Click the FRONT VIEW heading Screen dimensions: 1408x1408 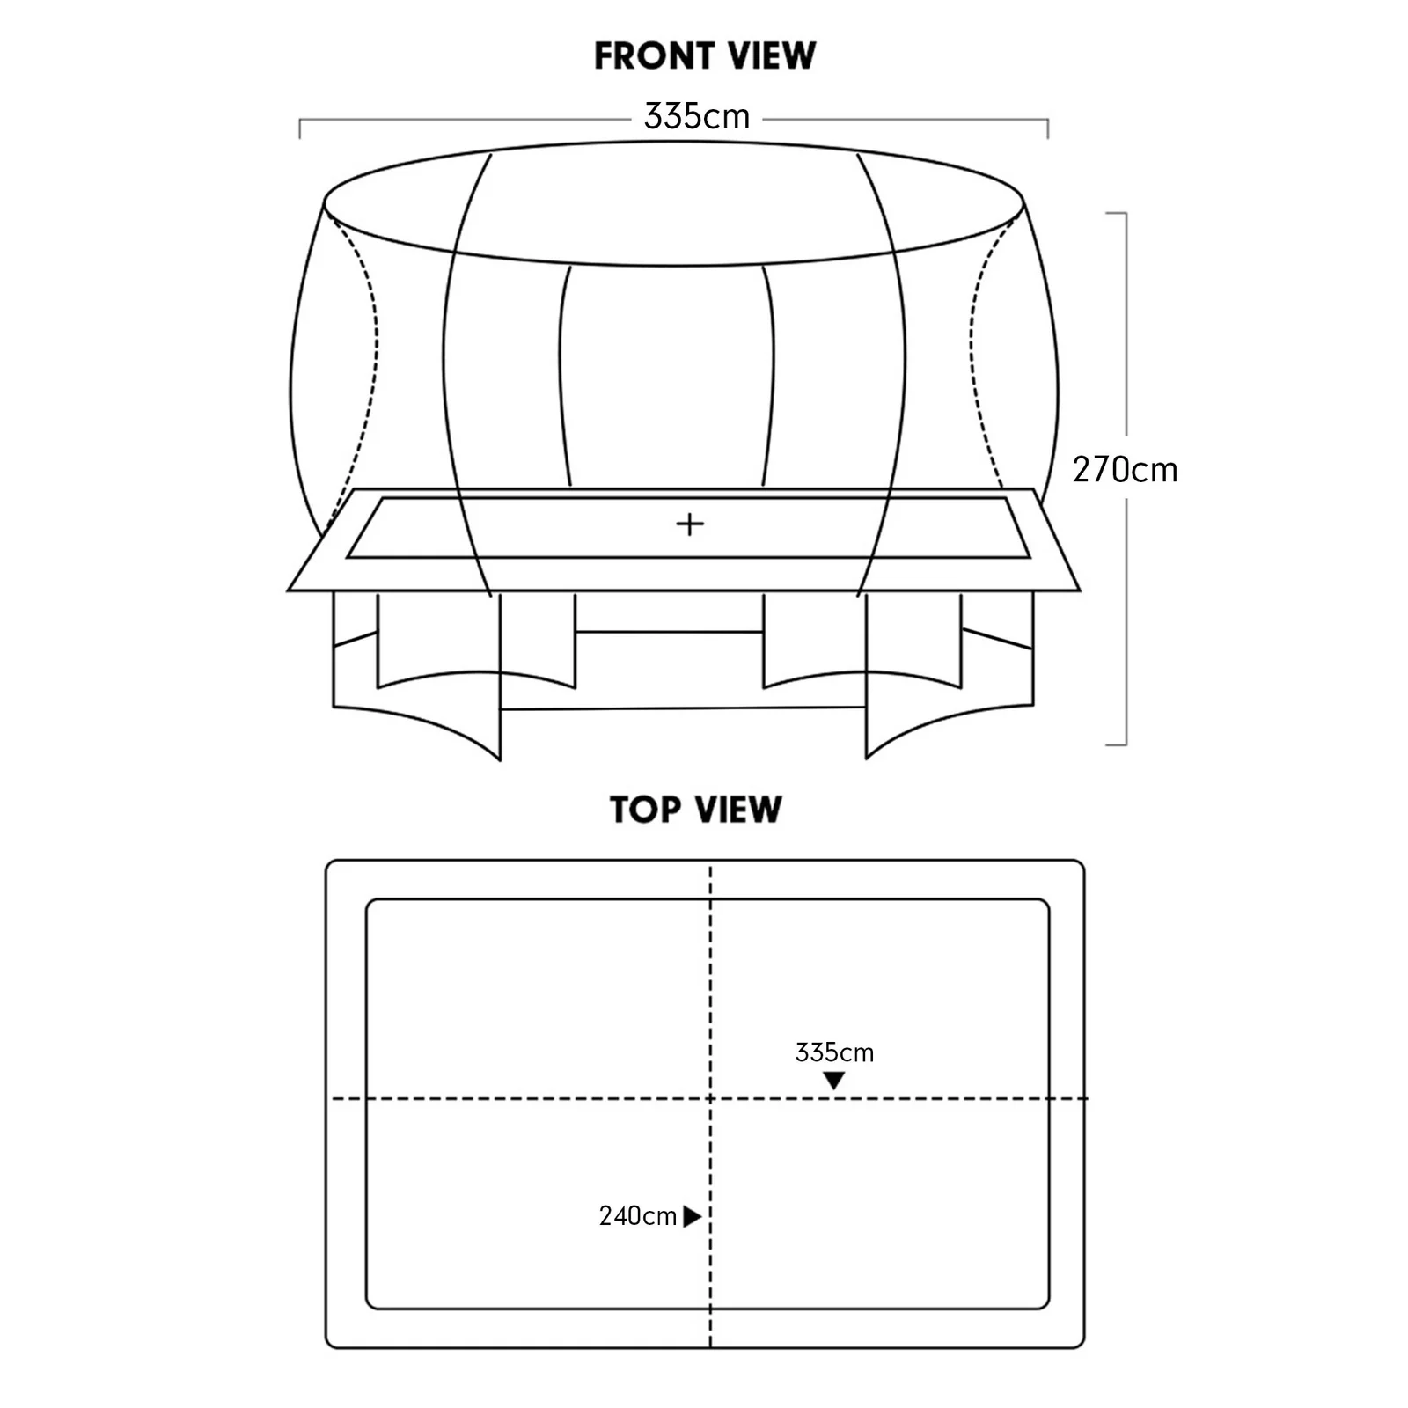click(x=705, y=55)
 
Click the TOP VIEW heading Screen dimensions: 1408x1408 click(x=696, y=810)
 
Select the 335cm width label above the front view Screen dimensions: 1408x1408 click(x=697, y=116)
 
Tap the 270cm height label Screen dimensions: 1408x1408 click(x=1125, y=470)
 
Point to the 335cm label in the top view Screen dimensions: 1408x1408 click(x=834, y=1052)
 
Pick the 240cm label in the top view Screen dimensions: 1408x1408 click(x=638, y=1216)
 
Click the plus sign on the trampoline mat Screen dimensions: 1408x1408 click(x=690, y=524)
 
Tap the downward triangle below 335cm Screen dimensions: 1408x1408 click(x=833, y=1081)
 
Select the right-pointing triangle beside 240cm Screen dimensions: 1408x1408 click(x=693, y=1216)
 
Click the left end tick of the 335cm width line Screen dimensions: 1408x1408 click(x=300, y=128)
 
